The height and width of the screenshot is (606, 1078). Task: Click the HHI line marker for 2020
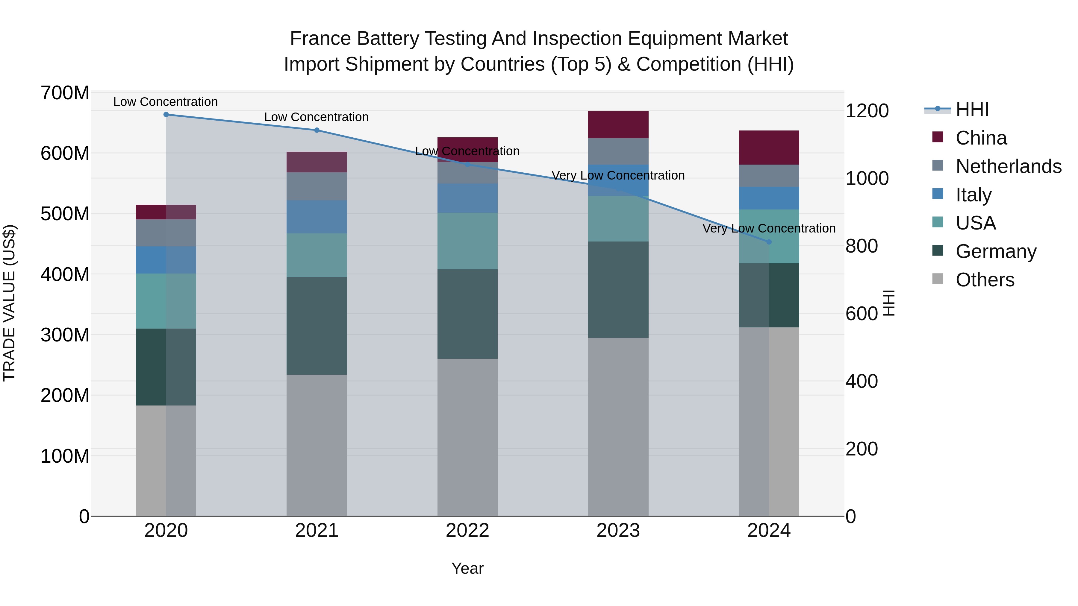pos(166,114)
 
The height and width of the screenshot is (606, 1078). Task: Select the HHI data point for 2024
pos(769,242)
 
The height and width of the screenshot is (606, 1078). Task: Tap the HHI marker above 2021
pos(317,130)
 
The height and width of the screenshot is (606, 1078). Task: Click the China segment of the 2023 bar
pos(618,124)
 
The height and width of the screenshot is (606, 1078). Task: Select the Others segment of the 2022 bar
pos(467,437)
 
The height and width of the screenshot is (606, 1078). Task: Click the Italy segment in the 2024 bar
pos(769,198)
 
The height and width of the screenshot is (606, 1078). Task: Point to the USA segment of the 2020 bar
pos(166,301)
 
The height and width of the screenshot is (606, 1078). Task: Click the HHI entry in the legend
pos(972,110)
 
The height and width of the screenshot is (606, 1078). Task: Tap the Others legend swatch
pos(938,279)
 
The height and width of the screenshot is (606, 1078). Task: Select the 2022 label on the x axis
pos(467,531)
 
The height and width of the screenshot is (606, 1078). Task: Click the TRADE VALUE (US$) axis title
pos(9,303)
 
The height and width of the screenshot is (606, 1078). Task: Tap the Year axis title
pos(467,568)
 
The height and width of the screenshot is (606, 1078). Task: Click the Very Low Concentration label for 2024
pos(769,228)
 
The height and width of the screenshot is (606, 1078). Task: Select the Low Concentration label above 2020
pos(166,102)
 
